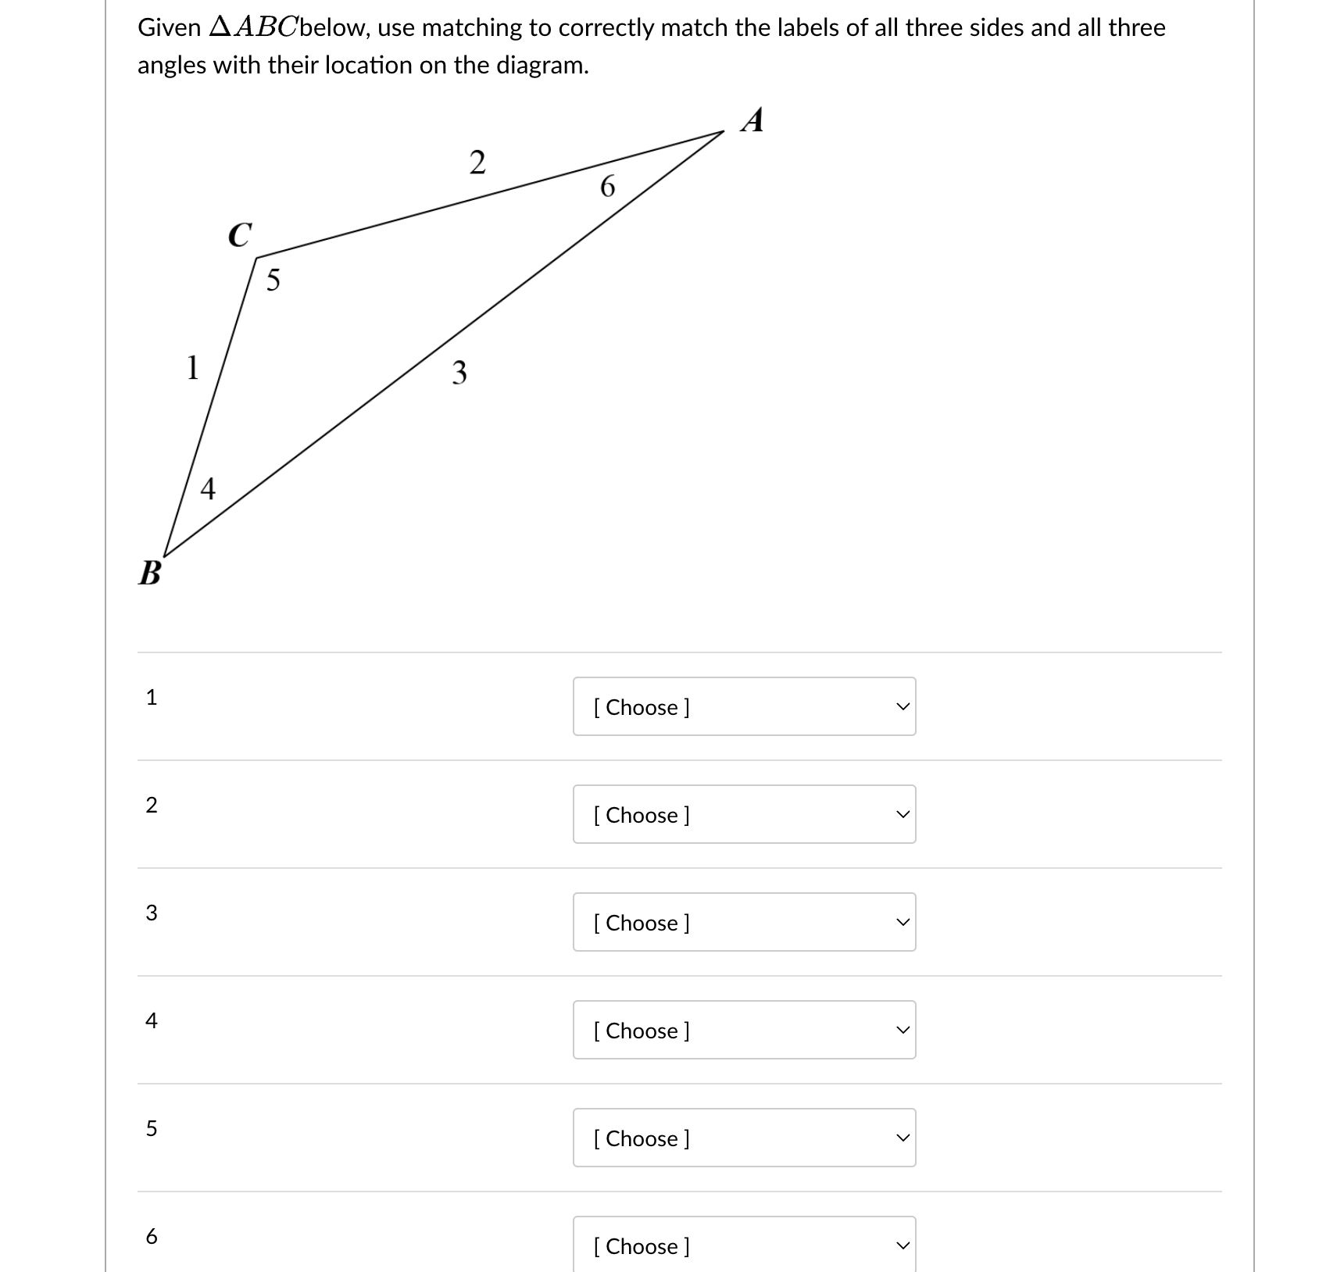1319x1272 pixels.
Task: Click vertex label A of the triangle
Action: [x=752, y=120]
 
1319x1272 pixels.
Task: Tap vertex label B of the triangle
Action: [x=149, y=573]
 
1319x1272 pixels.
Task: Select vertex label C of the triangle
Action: [x=240, y=234]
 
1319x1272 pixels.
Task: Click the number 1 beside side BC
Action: [x=192, y=366]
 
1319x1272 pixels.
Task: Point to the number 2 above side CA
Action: [x=477, y=163]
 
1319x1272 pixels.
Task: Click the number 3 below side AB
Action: [x=459, y=373]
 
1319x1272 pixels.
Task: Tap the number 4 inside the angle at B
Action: [x=207, y=489]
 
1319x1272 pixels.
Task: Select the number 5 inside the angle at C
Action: [x=273, y=280]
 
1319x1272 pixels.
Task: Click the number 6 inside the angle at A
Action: [x=607, y=187]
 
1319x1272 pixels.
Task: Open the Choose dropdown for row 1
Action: [x=744, y=706]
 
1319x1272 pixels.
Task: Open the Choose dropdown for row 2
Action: [x=744, y=814]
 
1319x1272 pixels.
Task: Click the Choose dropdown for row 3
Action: [x=744, y=922]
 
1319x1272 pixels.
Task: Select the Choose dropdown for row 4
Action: [x=744, y=1030]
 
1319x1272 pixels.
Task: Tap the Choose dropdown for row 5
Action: [x=744, y=1138]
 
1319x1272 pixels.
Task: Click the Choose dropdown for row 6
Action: [x=744, y=1245]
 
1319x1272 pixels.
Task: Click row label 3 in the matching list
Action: [x=152, y=913]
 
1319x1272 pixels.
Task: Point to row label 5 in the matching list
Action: [x=152, y=1128]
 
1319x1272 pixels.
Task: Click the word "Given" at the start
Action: [x=169, y=28]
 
